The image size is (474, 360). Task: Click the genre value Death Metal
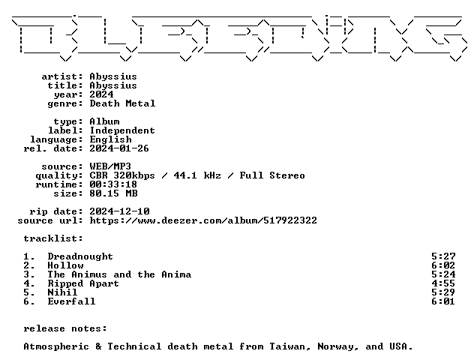[122, 103]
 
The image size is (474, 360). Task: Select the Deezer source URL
[203, 220]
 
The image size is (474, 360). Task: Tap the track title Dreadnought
[80, 256]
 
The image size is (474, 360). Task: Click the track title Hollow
[65, 265]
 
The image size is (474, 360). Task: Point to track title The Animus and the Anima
[119, 274]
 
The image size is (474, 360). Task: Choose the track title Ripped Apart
[83, 283]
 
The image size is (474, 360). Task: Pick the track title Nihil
[62, 292]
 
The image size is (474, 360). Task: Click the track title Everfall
[72, 301]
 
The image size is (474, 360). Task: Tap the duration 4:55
[443, 283]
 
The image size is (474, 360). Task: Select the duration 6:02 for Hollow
[443, 265]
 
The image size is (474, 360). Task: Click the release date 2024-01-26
[119, 148]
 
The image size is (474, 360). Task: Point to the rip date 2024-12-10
[119, 211]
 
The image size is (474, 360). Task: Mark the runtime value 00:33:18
[113, 184]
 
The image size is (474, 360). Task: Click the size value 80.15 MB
[113, 193]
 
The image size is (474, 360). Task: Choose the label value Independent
[122, 131]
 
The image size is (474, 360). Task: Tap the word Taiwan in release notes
[290, 346]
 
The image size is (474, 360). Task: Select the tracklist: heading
[53, 238]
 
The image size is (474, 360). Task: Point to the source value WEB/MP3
[110, 166]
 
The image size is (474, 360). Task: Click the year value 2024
[101, 94]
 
